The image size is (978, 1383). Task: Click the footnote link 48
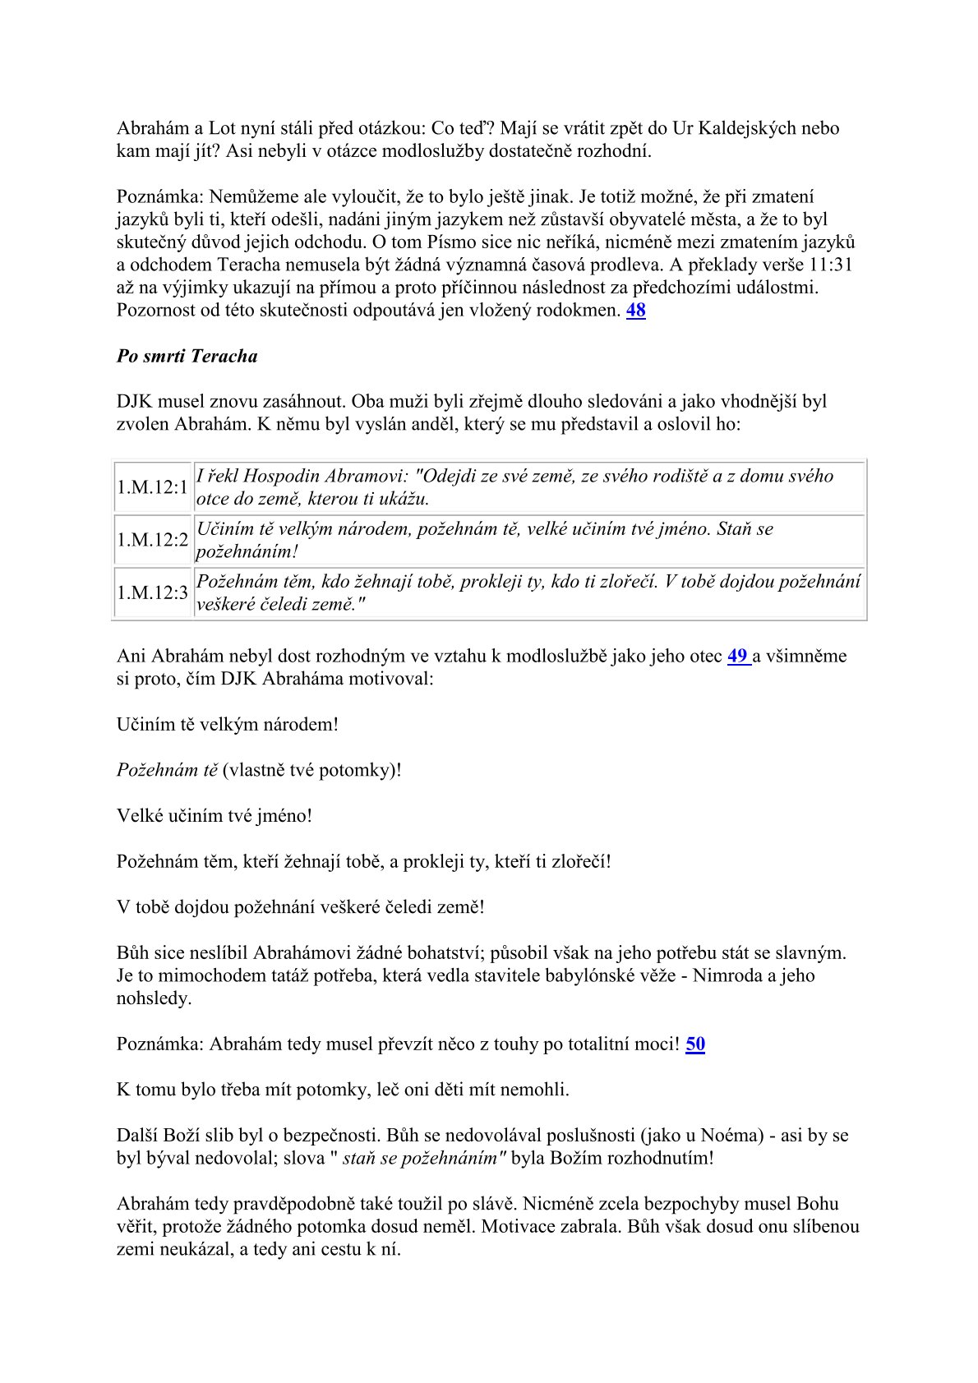pos(635,311)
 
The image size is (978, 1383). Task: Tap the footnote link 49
pos(737,656)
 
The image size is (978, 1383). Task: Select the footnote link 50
pos(695,1044)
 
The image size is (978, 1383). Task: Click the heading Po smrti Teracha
pos(187,356)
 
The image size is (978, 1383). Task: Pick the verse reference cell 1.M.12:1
pos(152,487)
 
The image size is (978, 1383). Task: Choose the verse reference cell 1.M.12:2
pos(152,540)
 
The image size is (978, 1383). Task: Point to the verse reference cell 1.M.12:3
pos(152,592)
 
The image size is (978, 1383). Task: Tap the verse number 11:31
pos(828,265)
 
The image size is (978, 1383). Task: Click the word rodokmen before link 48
pos(582,311)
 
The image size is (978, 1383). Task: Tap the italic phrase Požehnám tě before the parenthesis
pos(168,770)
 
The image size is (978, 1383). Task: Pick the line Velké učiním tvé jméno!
pos(215,816)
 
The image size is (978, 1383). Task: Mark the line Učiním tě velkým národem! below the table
pos(228,725)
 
